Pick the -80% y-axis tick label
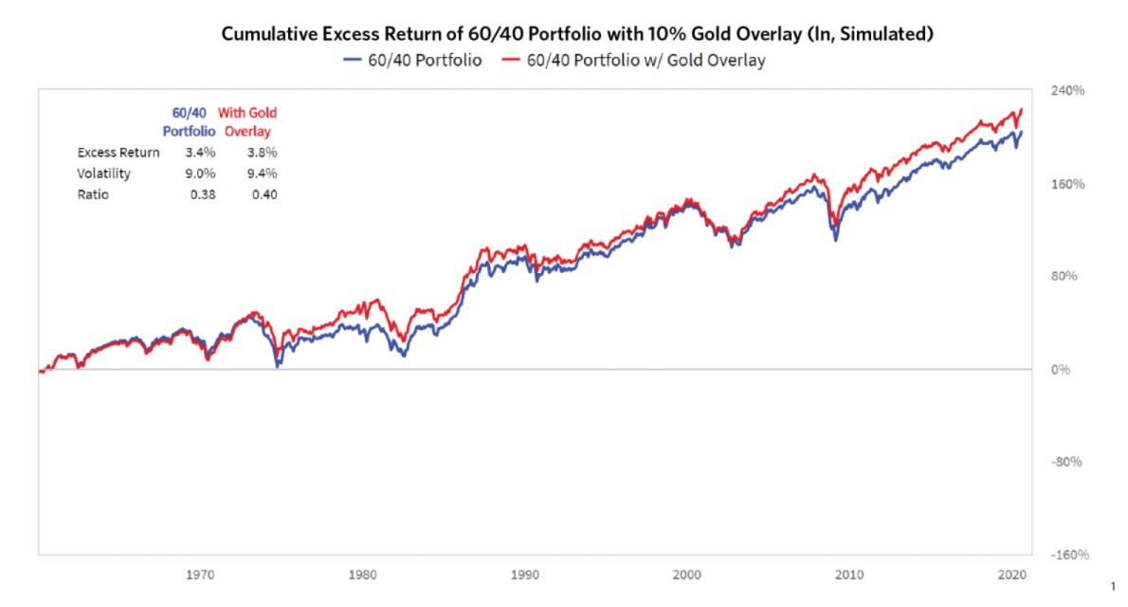[1067, 463]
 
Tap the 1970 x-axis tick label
[199, 575]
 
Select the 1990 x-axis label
[524, 575]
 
